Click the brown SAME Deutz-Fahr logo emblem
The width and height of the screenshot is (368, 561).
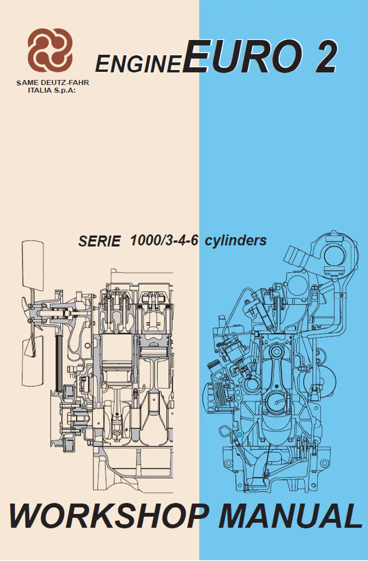tap(50, 50)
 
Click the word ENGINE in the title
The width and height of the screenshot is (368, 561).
tap(138, 64)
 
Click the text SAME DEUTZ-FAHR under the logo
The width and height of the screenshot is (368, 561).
tap(52, 83)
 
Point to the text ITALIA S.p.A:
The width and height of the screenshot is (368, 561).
tap(52, 90)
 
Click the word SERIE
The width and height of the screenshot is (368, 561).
tap(99, 241)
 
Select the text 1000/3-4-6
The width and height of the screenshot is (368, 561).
tap(164, 240)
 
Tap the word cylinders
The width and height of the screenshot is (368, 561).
tap(236, 240)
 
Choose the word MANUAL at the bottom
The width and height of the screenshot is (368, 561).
tap(290, 516)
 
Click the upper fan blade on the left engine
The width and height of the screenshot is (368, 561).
tap(32, 265)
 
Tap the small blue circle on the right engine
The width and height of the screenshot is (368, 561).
tap(239, 435)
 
